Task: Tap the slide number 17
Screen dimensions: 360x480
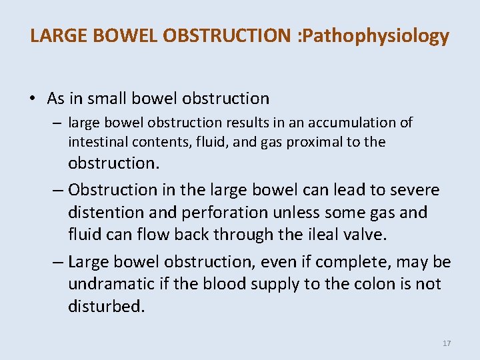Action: coord(447,343)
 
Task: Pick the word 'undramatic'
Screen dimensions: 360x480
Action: coord(109,284)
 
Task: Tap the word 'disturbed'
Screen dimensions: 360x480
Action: coord(106,307)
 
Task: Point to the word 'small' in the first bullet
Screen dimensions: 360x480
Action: coord(107,99)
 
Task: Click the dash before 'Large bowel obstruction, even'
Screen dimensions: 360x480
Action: coord(58,261)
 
